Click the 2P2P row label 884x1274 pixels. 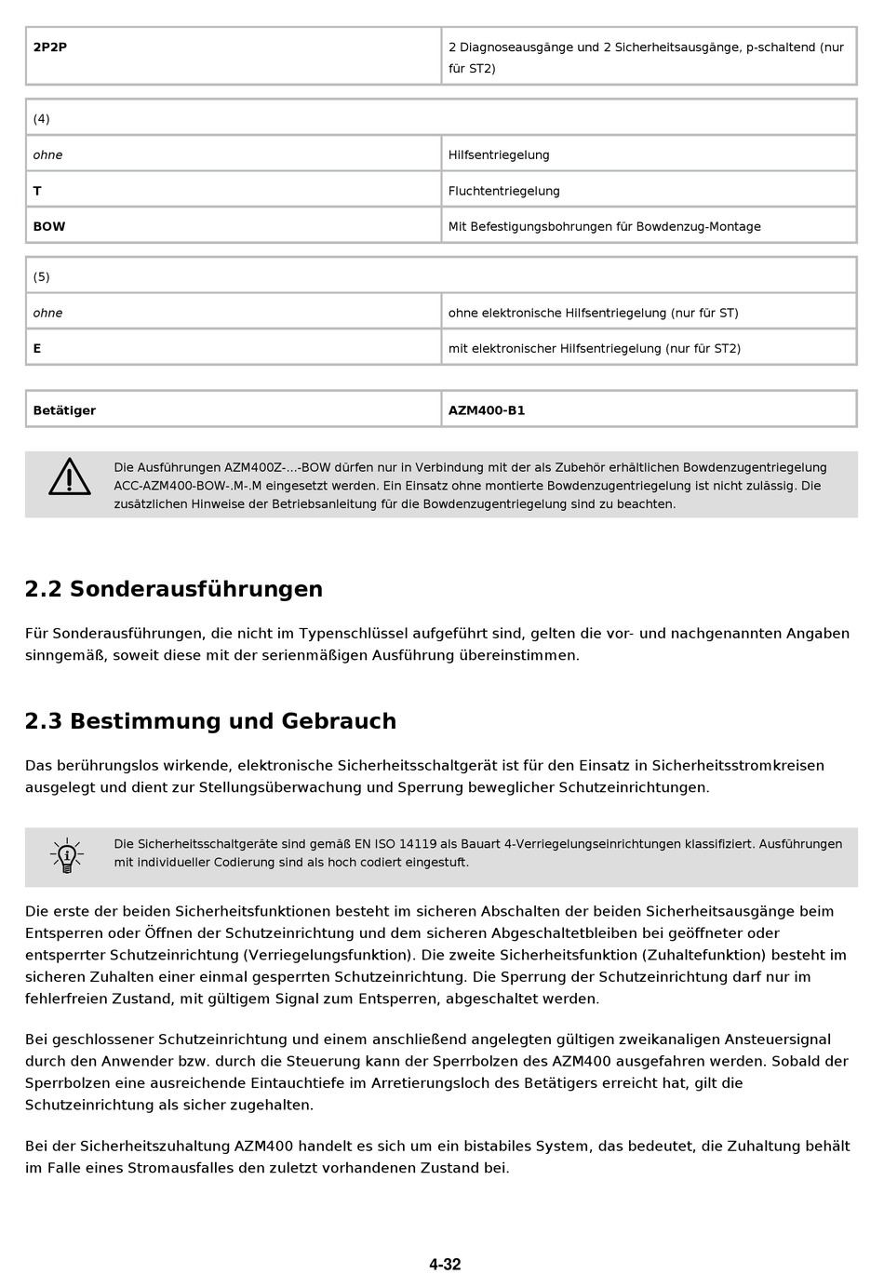pos(50,47)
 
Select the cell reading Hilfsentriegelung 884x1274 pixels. pos(499,155)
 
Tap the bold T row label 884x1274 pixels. pos(37,191)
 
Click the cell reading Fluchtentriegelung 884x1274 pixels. pos(504,191)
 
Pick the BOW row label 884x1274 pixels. pos(49,226)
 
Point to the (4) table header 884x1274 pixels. pos(42,118)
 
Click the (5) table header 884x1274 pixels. pos(42,276)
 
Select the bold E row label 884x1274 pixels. pos(37,348)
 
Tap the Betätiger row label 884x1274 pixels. pos(64,410)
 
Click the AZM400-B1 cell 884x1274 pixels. pos(487,410)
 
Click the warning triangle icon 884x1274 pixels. pos(70,477)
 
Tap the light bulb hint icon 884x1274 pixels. pos(66,854)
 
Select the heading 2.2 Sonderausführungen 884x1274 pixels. pos(174,589)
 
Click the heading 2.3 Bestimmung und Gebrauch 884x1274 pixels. pos(210,721)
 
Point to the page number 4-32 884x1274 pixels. pos(445,1264)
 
